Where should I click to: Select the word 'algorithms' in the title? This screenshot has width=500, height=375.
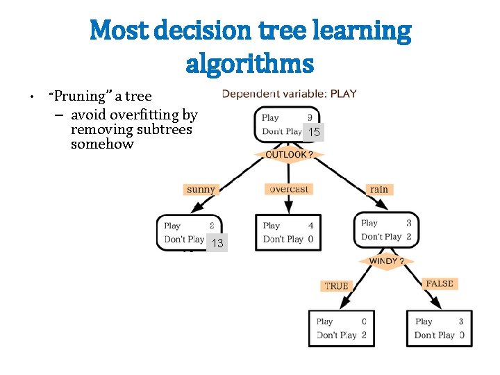(x=250, y=64)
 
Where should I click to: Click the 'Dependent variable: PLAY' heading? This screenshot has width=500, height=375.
(x=289, y=93)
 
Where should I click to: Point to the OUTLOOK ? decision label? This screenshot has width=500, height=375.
(x=290, y=154)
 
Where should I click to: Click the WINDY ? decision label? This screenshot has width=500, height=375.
(x=387, y=261)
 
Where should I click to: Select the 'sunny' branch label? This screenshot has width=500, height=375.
(x=201, y=189)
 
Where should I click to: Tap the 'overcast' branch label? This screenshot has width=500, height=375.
(x=289, y=189)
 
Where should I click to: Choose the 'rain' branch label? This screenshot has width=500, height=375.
(x=379, y=189)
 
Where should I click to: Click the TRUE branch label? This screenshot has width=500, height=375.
(x=336, y=285)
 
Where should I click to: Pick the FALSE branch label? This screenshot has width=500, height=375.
(x=439, y=283)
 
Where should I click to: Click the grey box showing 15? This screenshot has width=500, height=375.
(x=314, y=132)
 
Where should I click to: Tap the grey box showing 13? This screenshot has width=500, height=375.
(x=217, y=243)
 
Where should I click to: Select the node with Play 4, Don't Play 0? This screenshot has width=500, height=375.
(x=288, y=232)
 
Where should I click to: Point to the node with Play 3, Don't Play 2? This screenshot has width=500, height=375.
(x=386, y=230)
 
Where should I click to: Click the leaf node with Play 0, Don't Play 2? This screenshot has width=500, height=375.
(x=341, y=328)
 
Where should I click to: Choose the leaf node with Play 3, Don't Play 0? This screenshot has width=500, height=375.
(x=439, y=328)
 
